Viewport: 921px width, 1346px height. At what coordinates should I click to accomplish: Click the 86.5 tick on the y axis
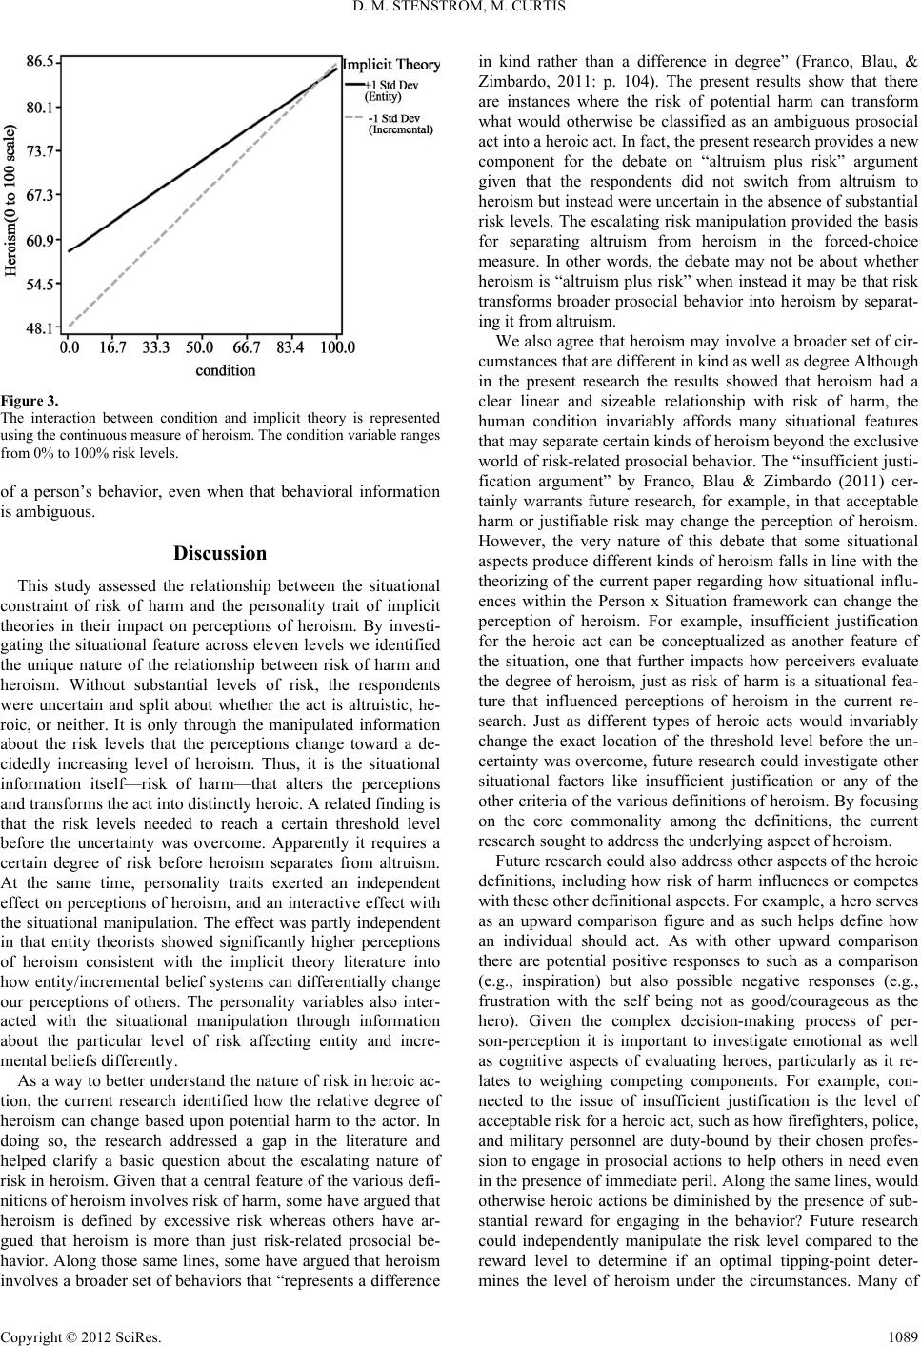click(40, 61)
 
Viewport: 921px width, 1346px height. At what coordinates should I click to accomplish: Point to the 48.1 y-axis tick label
click(40, 328)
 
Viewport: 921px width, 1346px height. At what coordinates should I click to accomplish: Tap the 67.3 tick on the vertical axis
click(40, 195)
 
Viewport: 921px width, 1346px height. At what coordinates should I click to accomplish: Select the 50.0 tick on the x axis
click(200, 347)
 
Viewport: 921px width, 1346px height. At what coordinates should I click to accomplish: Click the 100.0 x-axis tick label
click(337, 347)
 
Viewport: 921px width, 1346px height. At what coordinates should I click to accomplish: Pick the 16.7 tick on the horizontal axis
click(111, 347)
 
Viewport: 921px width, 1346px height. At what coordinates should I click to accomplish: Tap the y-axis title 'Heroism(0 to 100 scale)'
click(13, 199)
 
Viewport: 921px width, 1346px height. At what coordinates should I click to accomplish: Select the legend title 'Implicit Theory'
click(392, 65)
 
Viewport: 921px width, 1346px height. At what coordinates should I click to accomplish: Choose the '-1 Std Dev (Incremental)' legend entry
click(399, 123)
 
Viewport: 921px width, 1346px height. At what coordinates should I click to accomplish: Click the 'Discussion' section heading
click(221, 553)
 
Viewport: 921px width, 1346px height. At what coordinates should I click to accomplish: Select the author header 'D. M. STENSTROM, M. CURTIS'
click(460, 10)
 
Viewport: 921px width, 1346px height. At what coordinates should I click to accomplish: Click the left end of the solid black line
click(70, 250)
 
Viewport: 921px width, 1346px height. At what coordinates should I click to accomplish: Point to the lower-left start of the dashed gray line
click(70, 325)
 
